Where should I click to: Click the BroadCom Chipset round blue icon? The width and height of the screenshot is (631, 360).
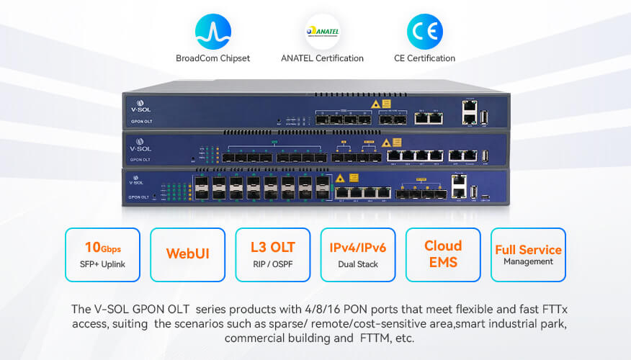213,32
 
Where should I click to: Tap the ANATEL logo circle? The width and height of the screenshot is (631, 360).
322,32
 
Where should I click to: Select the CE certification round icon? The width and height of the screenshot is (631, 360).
424,32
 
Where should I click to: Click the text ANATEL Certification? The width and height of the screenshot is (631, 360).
322,58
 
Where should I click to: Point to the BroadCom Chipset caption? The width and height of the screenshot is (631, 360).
213,58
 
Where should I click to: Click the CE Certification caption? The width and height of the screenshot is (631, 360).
424,58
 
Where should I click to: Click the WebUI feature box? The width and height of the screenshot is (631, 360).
187,254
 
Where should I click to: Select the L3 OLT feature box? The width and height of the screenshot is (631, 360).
273,254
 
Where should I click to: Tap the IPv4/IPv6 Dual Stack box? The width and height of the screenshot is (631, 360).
358,254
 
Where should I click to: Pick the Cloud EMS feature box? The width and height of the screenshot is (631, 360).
443,254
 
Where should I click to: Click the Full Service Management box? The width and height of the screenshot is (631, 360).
528,254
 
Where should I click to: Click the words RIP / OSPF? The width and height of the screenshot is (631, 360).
273,264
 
